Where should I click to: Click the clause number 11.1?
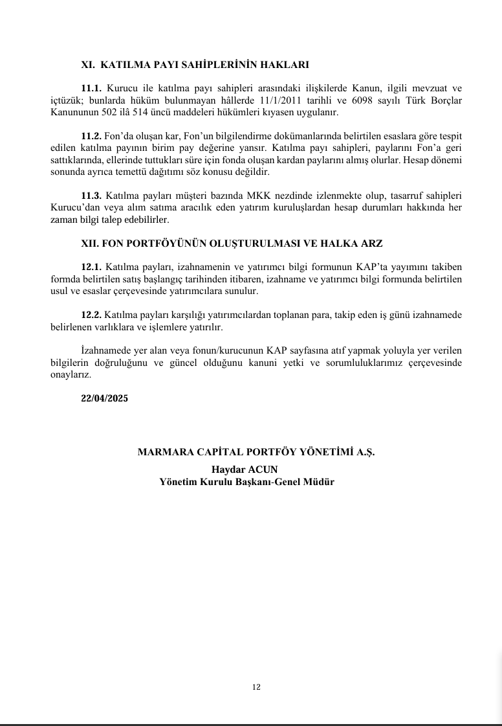click(x=92, y=87)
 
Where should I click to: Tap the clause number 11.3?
click(x=92, y=196)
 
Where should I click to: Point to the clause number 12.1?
click(x=92, y=267)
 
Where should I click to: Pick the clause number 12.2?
click(x=92, y=314)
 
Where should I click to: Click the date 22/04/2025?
click(x=105, y=399)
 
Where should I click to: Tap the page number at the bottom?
click(x=257, y=687)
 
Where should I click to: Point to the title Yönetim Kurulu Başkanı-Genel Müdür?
click(x=246, y=482)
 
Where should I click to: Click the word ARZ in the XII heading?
click(x=371, y=244)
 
